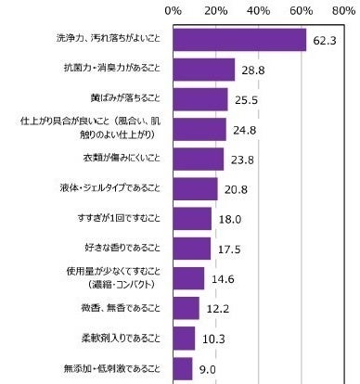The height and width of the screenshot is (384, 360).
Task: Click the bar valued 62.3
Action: pos(239,40)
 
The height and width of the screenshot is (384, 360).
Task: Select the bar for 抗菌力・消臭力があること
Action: pos(203,70)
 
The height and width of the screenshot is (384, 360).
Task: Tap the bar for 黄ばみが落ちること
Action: pos(199,99)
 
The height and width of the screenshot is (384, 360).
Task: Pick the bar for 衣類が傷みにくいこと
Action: pos(198,159)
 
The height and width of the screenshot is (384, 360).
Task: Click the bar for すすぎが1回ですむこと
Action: pos(191,218)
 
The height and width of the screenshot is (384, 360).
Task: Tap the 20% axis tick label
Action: pos(215,11)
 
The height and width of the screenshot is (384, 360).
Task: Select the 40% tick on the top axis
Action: pos(259,11)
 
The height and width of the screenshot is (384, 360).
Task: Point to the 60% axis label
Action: pos(302,11)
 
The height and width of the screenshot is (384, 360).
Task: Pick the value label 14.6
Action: pos(222,278)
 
